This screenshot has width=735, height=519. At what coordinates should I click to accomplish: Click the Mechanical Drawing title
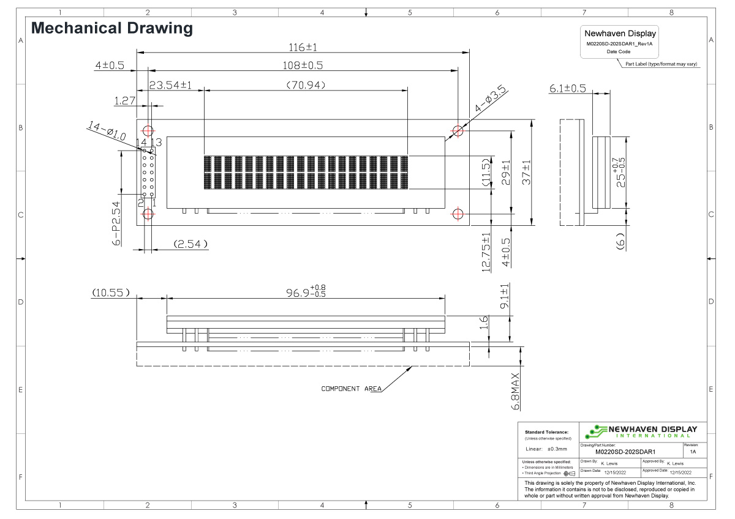(x=111, y=28)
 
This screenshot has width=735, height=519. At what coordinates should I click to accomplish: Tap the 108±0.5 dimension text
(x=303, y=65)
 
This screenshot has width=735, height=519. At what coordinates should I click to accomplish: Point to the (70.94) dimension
(x=306, y=85)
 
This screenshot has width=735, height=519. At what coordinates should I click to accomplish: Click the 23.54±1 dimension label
(x=170, y=86)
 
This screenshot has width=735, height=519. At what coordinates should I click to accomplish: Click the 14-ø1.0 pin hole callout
(x=107, y=132)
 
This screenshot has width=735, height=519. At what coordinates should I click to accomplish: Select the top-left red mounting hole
(x=148, y=130)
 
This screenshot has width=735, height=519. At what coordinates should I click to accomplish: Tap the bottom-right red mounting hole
(x=458, y=214)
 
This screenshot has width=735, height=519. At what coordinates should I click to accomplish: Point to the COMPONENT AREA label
(x=351, y=389)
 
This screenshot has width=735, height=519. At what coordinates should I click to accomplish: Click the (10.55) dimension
(x=111, y=293)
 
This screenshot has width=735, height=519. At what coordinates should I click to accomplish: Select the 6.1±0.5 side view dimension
(x=567, y=89)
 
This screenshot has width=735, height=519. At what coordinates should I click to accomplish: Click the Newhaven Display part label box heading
(x=620, y=34)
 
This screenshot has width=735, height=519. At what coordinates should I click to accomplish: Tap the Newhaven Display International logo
(x=641, y=431)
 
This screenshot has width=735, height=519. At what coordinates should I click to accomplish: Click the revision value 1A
(x=693, y=452)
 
